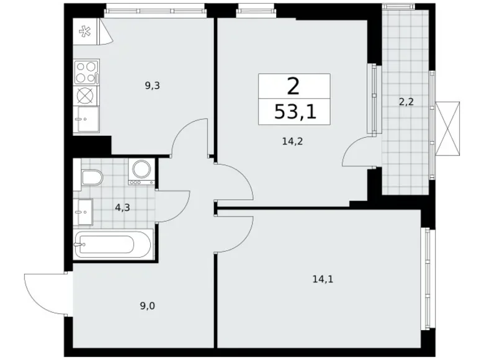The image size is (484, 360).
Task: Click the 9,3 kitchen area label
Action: pyautogui.click(x=153, y=86)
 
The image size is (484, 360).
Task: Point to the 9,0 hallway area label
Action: pyautogui.click(x=148, y=305)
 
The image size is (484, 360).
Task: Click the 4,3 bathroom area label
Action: pyautogui.click(x=122, y=208)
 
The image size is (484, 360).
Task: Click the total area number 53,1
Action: pyautogui.click(x=294, y=112)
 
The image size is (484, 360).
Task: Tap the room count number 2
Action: pyautogui.click(x=294, y=85)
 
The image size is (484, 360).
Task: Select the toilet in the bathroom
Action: pyautogui.click(x=91, y=179)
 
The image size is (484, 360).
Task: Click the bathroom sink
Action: pyautogui.click(x=83, y=212)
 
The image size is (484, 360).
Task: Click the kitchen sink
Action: pyautogui.click(x=86, y=116)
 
